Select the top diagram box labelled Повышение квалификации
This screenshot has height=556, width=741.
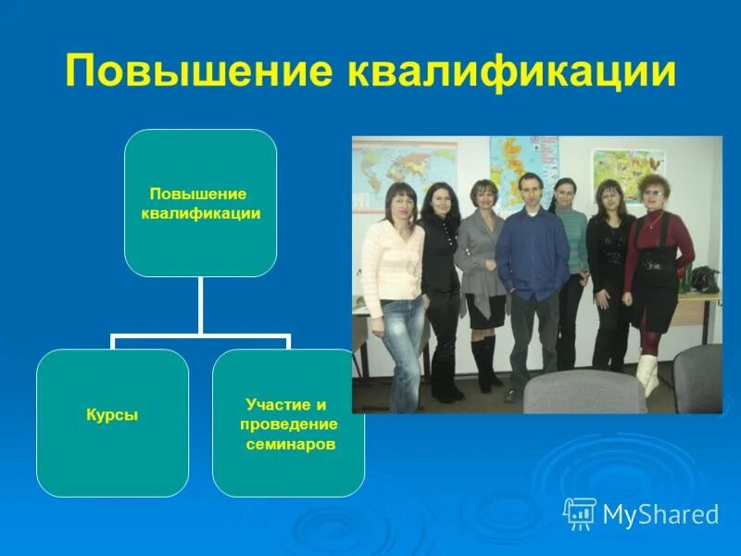click(200, 203)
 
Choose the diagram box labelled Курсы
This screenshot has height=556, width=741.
click(112, 416)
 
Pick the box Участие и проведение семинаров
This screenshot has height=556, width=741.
click(288, 423)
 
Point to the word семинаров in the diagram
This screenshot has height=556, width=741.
click(291, 444)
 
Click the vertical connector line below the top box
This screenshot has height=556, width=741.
click(200, 306)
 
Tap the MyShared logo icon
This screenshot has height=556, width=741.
click(579, 513)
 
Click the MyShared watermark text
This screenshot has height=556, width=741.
click(660, 514)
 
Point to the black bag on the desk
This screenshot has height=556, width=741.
click(705, 278)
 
